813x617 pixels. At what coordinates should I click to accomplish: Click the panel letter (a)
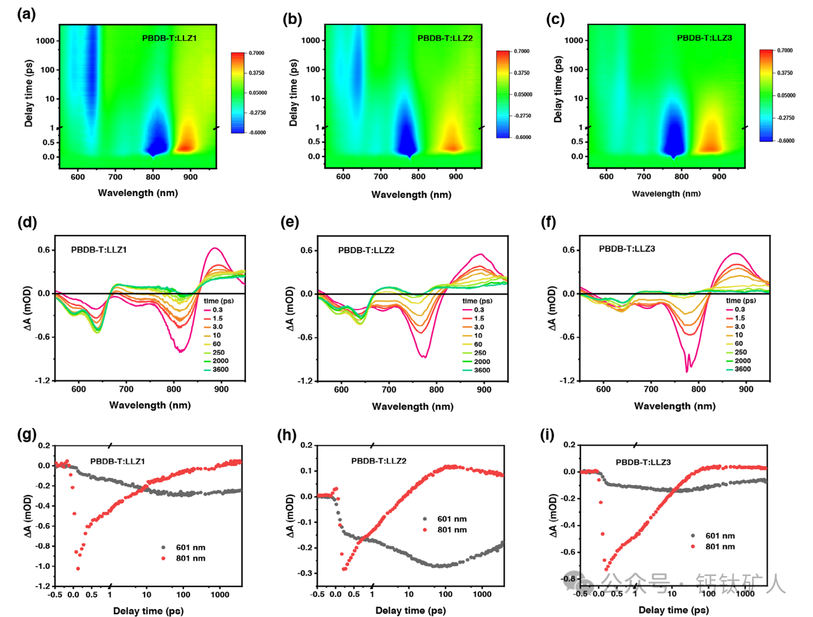click(x=26, y=14)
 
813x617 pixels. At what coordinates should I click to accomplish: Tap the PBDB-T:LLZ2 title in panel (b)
click(x=445, y=38)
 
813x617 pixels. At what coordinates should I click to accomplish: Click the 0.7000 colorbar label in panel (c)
click(x=785, y=50)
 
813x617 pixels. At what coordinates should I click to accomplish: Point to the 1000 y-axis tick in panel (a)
click(x=45, y=41)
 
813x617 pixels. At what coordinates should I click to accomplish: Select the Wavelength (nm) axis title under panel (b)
click(x=411, y=194)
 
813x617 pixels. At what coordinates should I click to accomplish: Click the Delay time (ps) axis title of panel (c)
click(x=558, y=89)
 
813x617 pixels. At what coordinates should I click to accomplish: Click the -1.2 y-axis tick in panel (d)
click(x=43, y=381)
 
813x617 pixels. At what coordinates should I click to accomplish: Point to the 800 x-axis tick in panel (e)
click(x=436, y=389)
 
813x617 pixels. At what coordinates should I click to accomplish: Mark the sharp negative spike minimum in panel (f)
click(x=687, y=371)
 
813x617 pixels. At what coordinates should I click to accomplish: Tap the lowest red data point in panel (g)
click(x=78, y=568)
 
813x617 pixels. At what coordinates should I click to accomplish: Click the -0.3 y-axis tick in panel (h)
click(x=306, y=573)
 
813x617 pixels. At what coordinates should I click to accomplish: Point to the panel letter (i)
click(x=547, y=435)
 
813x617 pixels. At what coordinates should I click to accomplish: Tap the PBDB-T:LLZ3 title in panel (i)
click(x=643, y=462)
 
